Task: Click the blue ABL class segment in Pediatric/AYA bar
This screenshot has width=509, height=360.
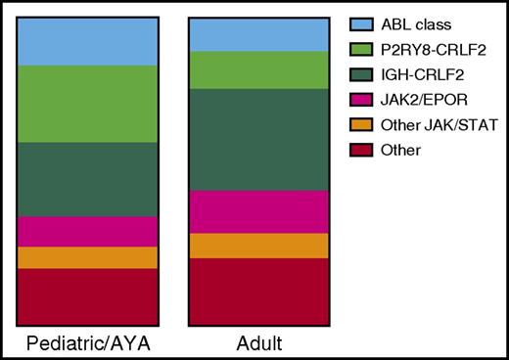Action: [87, 41]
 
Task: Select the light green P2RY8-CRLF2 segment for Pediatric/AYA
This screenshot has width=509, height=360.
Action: [87, 104]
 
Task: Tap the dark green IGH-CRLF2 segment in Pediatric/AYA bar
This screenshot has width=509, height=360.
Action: [87, 179]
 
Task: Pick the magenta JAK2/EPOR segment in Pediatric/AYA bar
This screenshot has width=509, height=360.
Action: [87, 231]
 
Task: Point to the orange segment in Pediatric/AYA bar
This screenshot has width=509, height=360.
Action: [87, 257]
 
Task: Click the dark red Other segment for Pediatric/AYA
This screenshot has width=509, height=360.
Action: [87, 294]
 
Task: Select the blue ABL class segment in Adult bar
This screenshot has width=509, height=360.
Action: [258, 34]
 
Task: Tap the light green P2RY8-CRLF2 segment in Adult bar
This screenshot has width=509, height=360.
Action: [258, 69]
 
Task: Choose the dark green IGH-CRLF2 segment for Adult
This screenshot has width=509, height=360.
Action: [258, 139]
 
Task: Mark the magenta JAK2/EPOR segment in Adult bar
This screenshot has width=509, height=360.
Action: [258, 211]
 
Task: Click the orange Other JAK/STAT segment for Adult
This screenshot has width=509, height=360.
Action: [258, 246]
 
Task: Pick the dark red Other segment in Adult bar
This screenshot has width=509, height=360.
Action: [258, 290]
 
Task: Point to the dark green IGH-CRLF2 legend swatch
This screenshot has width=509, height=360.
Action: [356, 73]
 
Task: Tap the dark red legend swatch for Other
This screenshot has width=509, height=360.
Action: [356, 150]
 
